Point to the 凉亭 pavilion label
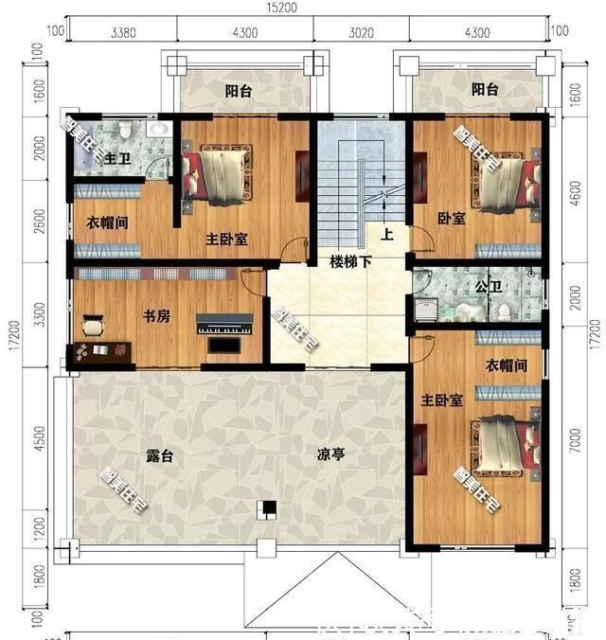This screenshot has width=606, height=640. [x=330, y=454]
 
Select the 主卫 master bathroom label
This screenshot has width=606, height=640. [x=116, y=157]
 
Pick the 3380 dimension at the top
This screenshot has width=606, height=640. [x=123, y=32]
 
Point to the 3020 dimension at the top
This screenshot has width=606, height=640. [x=361, y=32]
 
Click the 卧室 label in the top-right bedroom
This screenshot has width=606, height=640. [x=452, y=219]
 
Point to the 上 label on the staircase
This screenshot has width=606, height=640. [x=386, y=233]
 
